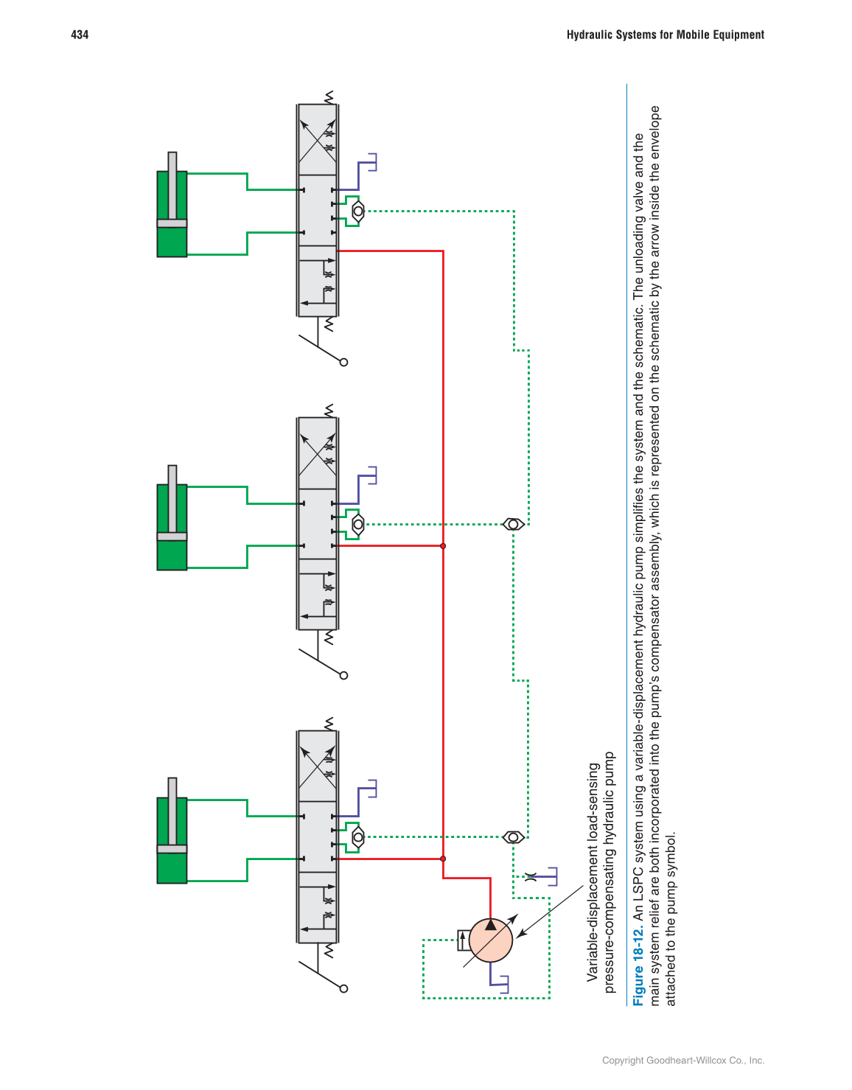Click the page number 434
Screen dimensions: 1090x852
[80, 35]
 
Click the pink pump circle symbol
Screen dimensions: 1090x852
[490, 940]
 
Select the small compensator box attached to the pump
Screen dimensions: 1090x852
[463, 940]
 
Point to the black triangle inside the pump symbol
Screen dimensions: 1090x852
[491, 924]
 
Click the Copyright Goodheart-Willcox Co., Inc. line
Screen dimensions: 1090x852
[682, 1061]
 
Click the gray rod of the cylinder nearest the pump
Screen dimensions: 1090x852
[172, 811]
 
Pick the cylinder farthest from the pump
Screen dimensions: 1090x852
[172, 214]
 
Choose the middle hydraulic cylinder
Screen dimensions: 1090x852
[172, 527]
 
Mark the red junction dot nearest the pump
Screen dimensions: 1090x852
[443, 859]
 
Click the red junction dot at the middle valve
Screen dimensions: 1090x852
[443, 546]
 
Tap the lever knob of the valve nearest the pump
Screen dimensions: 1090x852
[343, 988]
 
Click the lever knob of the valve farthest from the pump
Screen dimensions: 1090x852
[343, 362]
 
